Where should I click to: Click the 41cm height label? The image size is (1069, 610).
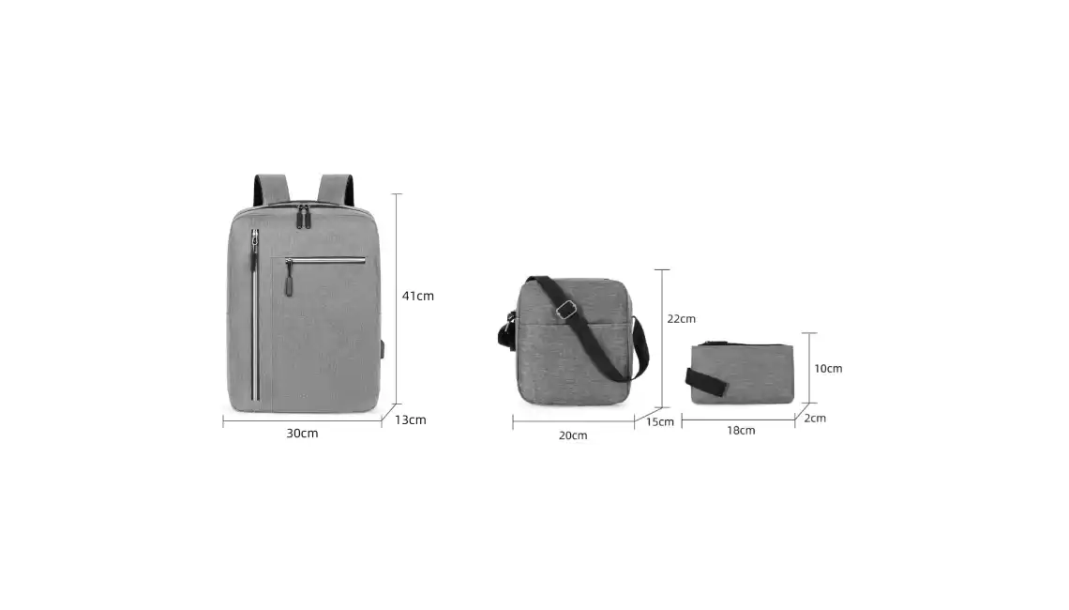[418, 296]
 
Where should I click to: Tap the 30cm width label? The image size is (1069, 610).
[302, 434]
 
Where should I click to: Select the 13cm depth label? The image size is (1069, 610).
[411, 419]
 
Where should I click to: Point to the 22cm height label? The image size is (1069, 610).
[681, 319]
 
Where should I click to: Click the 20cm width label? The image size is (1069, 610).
[573, 435]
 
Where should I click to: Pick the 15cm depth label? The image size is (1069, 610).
[660, 421]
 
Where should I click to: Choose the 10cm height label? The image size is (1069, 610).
[828, 369]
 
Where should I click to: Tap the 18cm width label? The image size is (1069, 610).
[741, 431]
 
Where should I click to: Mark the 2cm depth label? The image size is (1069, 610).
[815, 419]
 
